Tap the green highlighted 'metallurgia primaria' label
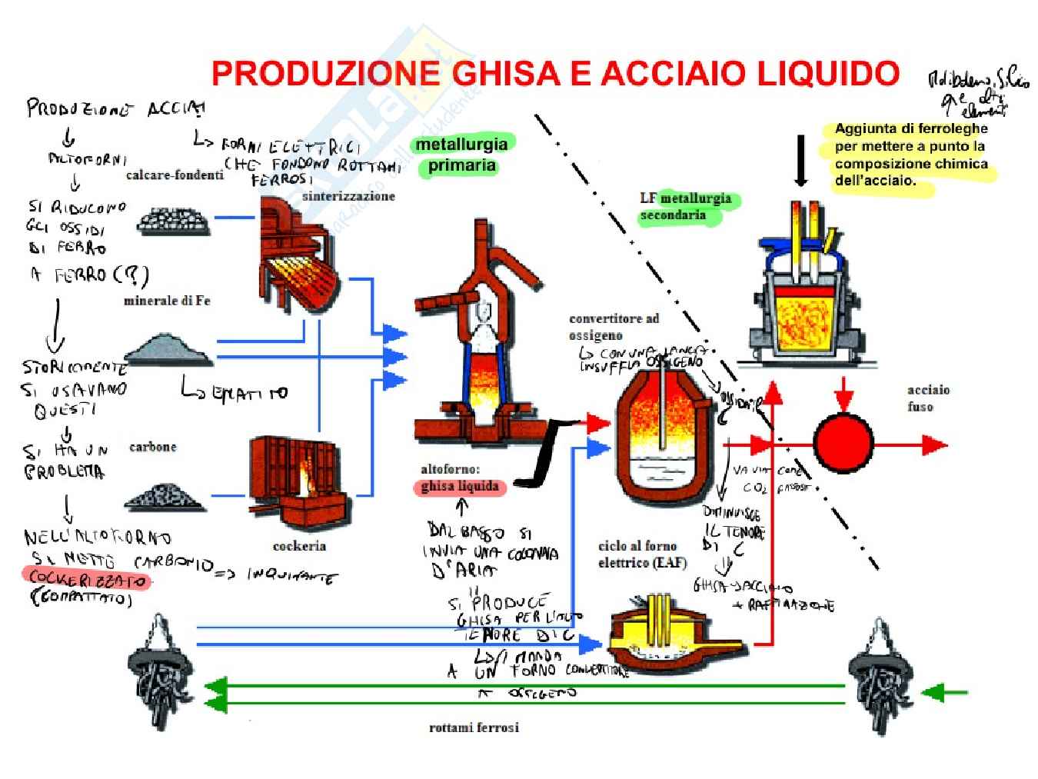[461, 155]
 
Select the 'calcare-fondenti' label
[175, 175]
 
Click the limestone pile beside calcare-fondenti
[173, 221]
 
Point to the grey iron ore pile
[168, 350]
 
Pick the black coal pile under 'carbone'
[165, 497]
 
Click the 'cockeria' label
[299, 546]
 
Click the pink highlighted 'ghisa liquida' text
[459, 486]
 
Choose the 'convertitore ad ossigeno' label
[614, 327]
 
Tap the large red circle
[843, 444]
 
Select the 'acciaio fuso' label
[927, 398]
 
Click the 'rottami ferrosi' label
[474, 727]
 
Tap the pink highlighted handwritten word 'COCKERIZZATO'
[86, 578]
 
